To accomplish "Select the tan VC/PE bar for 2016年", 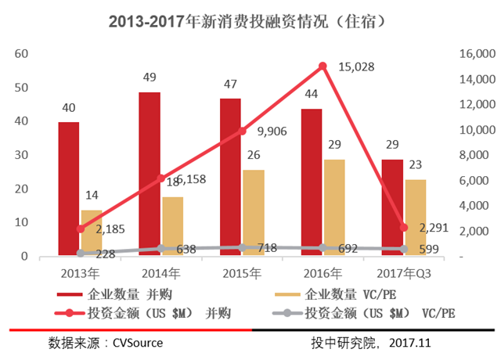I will [334, 207].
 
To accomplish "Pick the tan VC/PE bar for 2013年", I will [92, 232].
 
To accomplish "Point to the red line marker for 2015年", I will [242, 131].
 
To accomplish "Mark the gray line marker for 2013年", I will [81, 254].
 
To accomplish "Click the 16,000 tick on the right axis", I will [470, 54].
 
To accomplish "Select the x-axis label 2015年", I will [242, 274].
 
